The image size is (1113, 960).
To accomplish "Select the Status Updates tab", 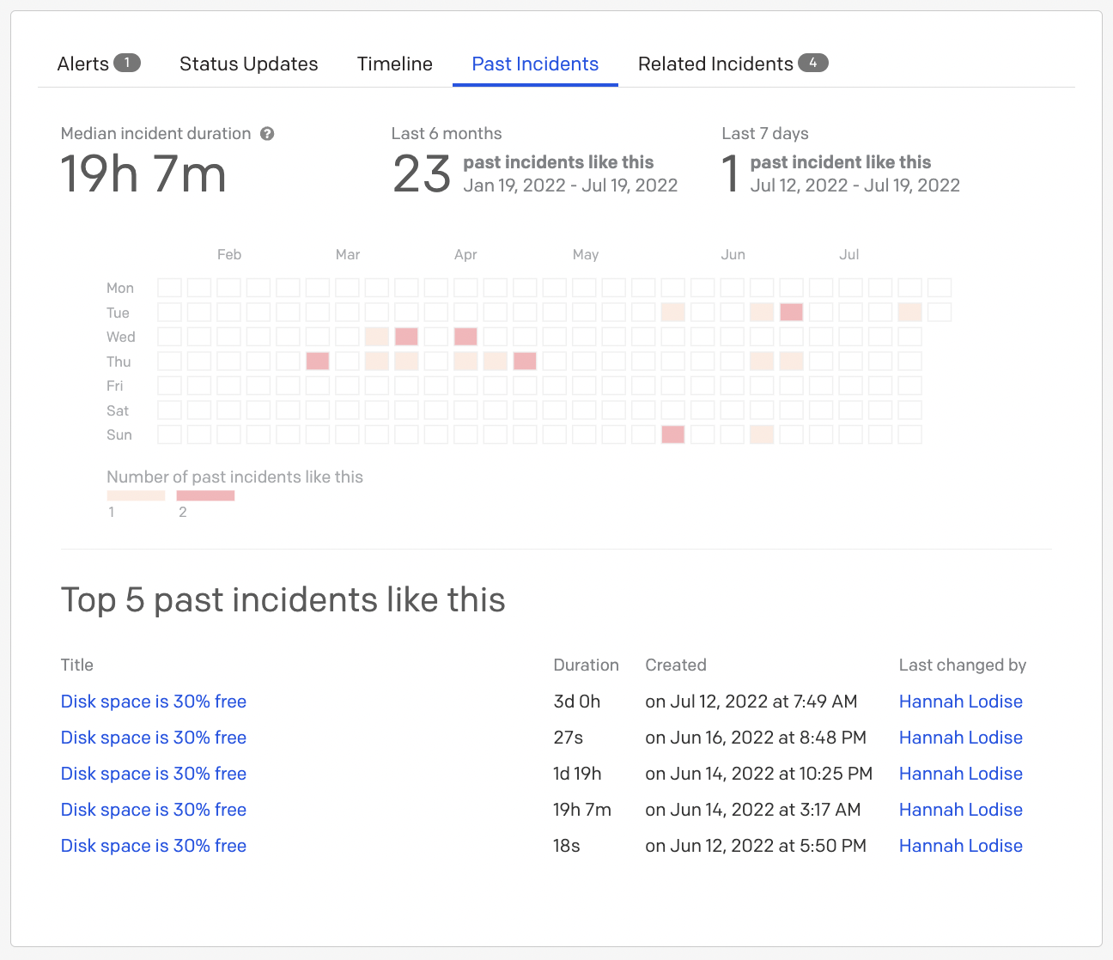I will point(248,64).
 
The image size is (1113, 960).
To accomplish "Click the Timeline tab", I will point(394,64).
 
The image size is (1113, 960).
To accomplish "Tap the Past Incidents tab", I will point(535,64).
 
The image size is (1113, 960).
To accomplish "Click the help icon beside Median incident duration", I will point(267,134).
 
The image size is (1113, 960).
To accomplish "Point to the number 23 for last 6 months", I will point(422,174).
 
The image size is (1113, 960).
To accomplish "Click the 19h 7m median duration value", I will point(143,174).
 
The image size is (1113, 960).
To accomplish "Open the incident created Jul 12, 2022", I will point(153,702).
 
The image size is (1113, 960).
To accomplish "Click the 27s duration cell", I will point(568,738).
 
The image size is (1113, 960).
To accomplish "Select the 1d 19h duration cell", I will point(577,774).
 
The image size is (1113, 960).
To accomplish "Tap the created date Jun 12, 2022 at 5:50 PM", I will point(755,846).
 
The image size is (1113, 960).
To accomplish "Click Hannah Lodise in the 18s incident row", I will point(960,846).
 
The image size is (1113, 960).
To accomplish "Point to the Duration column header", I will point(586,665).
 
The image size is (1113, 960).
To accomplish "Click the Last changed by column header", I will point(962,665).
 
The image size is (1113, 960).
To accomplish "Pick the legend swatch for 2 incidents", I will point(205,495).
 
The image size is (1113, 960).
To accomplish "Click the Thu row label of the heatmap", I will point(119,362).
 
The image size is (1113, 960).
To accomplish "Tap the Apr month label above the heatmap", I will point(465,254).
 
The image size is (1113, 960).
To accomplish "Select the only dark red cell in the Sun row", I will point(673,434).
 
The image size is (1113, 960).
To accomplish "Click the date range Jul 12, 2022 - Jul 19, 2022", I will point(855,185).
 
